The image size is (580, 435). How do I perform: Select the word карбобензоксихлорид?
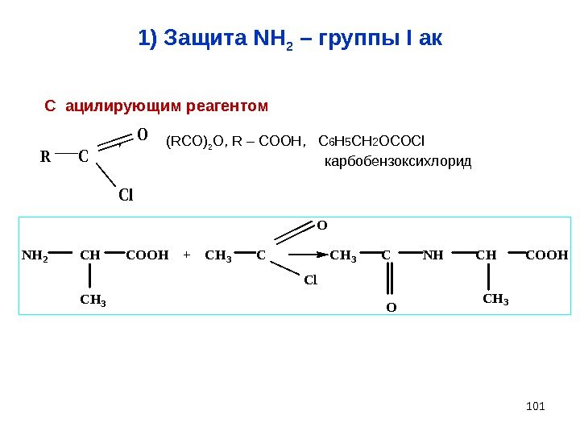pyautogui.click(x=397, y=163)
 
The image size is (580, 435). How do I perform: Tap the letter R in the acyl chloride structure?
pyautogui.click(x=45, y=157)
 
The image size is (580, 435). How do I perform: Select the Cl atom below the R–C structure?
pyautogui.click(x=125, y=195)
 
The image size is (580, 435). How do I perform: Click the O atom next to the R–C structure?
pyautogui.click(x=142, y=135)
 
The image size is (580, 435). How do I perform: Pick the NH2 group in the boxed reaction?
pyautogui.click(x=35, y=256)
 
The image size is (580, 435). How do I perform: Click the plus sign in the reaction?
pyautogui.click(x=187, y=256)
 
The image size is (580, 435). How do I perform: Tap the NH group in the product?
pyautogui.click(x=433, y=256)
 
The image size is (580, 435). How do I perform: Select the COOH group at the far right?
pyautogui.click(x=546, y=256)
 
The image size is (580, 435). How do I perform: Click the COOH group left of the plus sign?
pyautogui.click(x=147, y=256)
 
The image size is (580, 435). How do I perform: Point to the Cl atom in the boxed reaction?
pyautogui.click(x=312, y=280)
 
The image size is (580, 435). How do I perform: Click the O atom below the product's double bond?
pyautogui.click(x=390, y=308)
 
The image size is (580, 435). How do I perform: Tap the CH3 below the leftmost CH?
pyautogui.click(x=93, y=300)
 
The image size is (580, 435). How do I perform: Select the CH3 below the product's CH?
pyautogui.click(x=496, y=300)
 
